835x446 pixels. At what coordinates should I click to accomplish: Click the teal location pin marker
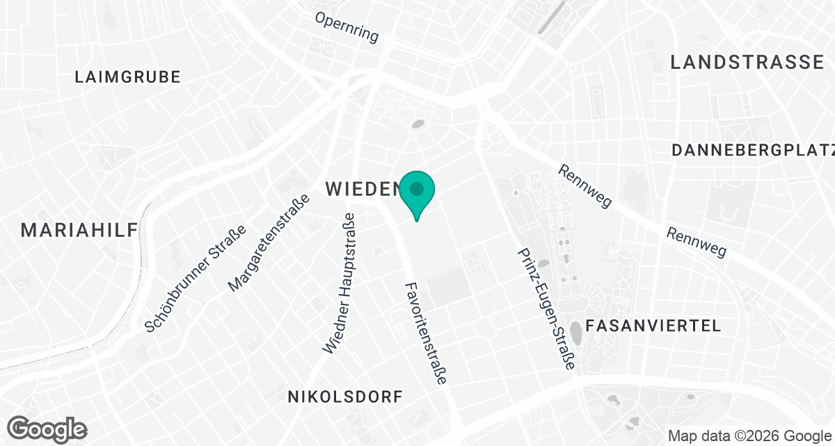click(x=417, y=192)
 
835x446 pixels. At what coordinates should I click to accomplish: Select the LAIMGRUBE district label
click(x=128, y=77)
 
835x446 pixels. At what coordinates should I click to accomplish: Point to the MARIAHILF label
click(x=79, y=230)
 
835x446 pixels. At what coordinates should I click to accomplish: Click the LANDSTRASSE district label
click(x=747, y=62)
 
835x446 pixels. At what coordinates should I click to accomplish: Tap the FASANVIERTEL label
click(x=653, y=325)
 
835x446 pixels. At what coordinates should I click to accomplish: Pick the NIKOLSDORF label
click(x=346, y=397)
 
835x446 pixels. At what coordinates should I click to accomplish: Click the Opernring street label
click(x=347, y=27)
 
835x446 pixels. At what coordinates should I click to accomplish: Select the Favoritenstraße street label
click(x=426, y=333)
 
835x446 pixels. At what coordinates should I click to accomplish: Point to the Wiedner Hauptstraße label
click(x=340, y=282)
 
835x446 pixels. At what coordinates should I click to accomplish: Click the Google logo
click(x=47, y=429)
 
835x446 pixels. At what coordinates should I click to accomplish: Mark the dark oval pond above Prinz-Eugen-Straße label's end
click(x=577, y=332)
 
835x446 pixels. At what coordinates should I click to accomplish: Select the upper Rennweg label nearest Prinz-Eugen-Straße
click(x=584, y=186)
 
